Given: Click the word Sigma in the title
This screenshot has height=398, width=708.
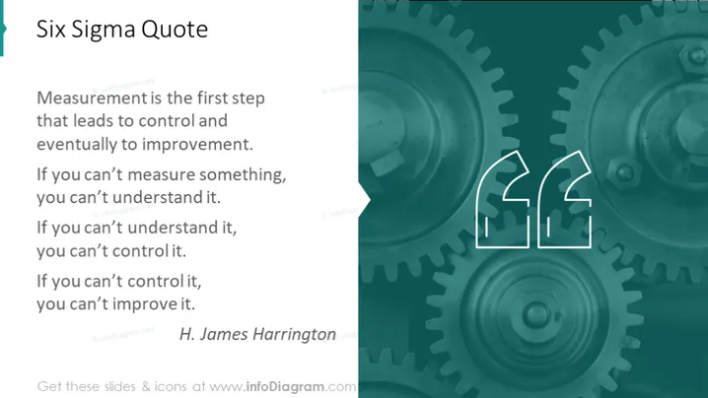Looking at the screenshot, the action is click(104, 31).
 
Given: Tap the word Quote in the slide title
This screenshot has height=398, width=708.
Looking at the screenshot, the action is click(175, 30).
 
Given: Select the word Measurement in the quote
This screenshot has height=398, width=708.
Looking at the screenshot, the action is click(92, 98).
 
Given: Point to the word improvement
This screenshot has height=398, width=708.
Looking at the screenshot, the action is click(198, 145).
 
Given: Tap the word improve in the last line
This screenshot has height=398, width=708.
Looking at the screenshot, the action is click(144, 304).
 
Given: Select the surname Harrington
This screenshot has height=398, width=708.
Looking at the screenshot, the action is click(294, 335).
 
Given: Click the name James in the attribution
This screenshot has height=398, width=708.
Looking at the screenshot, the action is click(223, 334).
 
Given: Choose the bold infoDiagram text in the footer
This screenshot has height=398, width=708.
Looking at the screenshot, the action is click(285, 387).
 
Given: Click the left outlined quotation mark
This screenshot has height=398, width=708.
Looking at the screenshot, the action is click(503, 199).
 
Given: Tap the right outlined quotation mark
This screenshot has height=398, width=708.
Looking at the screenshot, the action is click(564, 199).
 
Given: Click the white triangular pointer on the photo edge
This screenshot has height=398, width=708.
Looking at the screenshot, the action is click(365, 200).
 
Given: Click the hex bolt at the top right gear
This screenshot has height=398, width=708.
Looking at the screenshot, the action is click(693, 57).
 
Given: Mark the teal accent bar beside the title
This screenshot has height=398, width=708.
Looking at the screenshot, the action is click(2, 28).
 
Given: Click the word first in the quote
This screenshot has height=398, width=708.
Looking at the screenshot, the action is click(212, 98).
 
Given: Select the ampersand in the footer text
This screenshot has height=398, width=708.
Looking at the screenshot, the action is click(145, 387).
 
